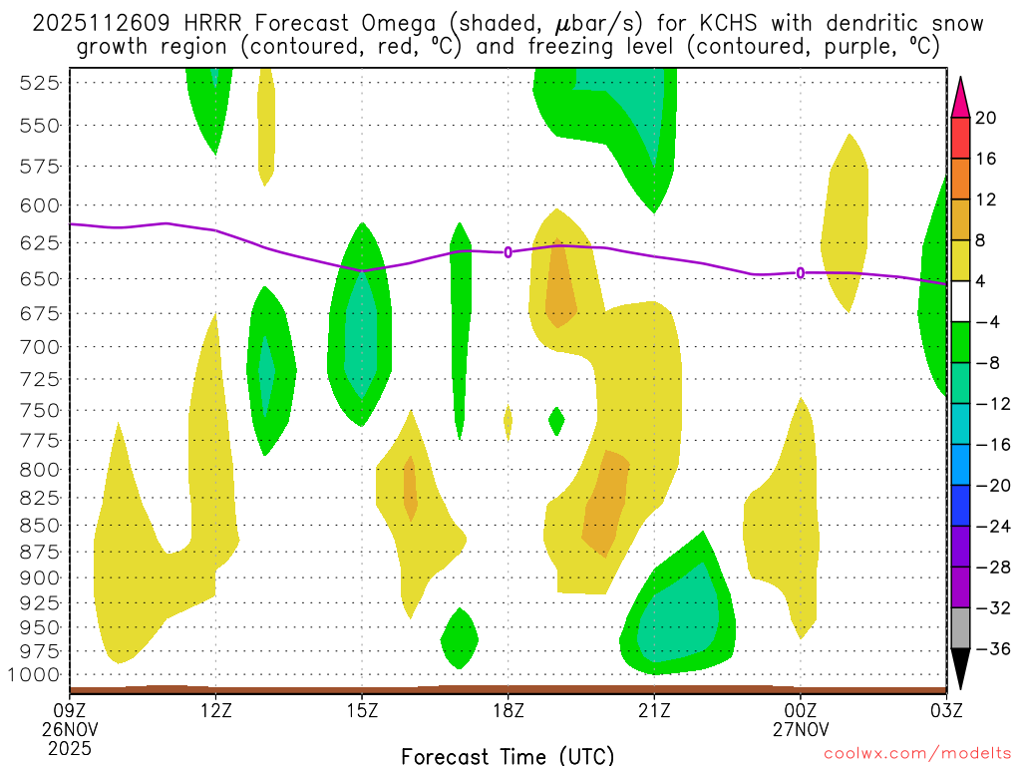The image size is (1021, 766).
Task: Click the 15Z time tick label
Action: (x=362, y=710)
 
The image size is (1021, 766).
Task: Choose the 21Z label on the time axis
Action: (x=654, y=710)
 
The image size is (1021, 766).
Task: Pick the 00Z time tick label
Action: (x=800, y=710)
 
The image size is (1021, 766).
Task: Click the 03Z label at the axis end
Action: (x=945, y=710)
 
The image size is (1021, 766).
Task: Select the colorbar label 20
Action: (x=986, y=118)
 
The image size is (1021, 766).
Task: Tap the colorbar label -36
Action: (x=990, y=649)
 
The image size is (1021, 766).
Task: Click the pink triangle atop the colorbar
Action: (x=961, y=96)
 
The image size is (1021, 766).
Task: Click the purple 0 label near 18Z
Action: (x=508, y=252)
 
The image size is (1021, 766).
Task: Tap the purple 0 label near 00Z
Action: (x=800, y=273)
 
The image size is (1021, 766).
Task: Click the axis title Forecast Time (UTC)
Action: (x=508, y=755)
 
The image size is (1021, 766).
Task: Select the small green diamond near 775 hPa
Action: (x=556, y=421)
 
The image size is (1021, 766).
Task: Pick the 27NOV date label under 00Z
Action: (x=800, y=729)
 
